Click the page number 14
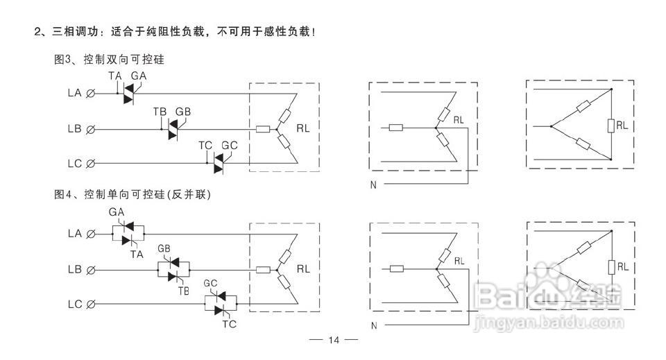pyautogui.click(x=333, y=340)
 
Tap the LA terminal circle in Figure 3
pyautogui.click(x=90, y=93)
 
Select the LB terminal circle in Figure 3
pyautogui.click(x=90, y=129)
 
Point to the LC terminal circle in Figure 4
pyautogui.click(x=90, y=304)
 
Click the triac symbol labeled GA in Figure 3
pyautogui.click(x=128, y=93)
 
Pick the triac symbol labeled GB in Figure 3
pyautogui.click(x=173, y=129)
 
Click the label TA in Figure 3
pyautogui.click(x=115, y=75)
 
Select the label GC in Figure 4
pyautogui.click(x=211, y=284)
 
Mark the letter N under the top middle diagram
pyautogui.click(x=373, y=185)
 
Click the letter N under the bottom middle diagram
pyautogui.click(x=373, y=325)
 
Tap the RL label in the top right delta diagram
pyautogui.click(x=622, y=126)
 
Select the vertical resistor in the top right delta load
pyautogui.click(x=611, y=126)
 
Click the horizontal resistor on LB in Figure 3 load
pyautogui.click(x=263, y=129)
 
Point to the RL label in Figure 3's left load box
pyautogui.click(x=303, y=128)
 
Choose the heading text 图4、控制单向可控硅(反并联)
pyautogui.click(x=132, y=195)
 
